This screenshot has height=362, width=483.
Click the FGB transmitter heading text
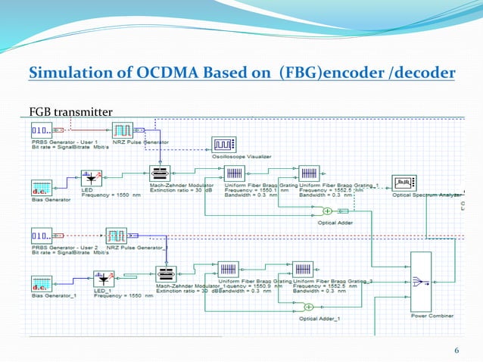[70, 113]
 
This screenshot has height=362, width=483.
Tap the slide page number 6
[457, 349]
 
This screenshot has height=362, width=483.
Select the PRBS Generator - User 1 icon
[42, 130]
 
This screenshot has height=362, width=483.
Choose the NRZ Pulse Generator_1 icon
[116, 236]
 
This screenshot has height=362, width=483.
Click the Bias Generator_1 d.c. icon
[42, 283]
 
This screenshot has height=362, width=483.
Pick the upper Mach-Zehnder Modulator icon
[160, 173]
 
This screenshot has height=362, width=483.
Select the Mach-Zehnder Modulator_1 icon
[166, 273]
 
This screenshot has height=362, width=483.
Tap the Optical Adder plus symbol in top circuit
[328, 211]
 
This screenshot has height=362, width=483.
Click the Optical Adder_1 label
[319, 319]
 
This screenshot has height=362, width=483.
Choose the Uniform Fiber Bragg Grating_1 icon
[309, 173]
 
